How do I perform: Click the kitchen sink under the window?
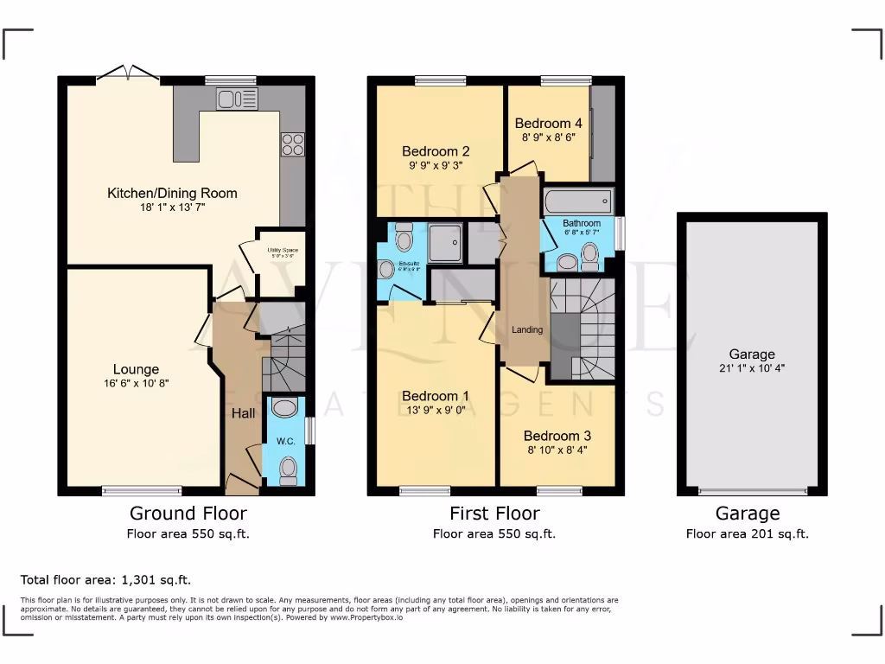[238, 99]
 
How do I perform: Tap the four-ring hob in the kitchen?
[292, 144]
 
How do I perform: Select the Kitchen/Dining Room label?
[172, 193]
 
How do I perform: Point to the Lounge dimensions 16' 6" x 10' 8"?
[137, 384]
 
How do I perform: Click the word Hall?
[243, 414]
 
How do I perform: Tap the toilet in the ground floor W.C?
[288, 469]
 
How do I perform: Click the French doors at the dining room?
[127, 74]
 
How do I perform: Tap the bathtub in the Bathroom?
[578, 202]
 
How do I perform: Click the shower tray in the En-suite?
[445, 242]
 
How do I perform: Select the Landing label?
[527, 329]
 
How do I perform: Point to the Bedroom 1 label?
[436, 396]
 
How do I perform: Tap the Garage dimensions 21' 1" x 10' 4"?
[751, 367]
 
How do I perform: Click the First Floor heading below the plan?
[493, 514]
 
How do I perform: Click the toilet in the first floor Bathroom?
[590, 253]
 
